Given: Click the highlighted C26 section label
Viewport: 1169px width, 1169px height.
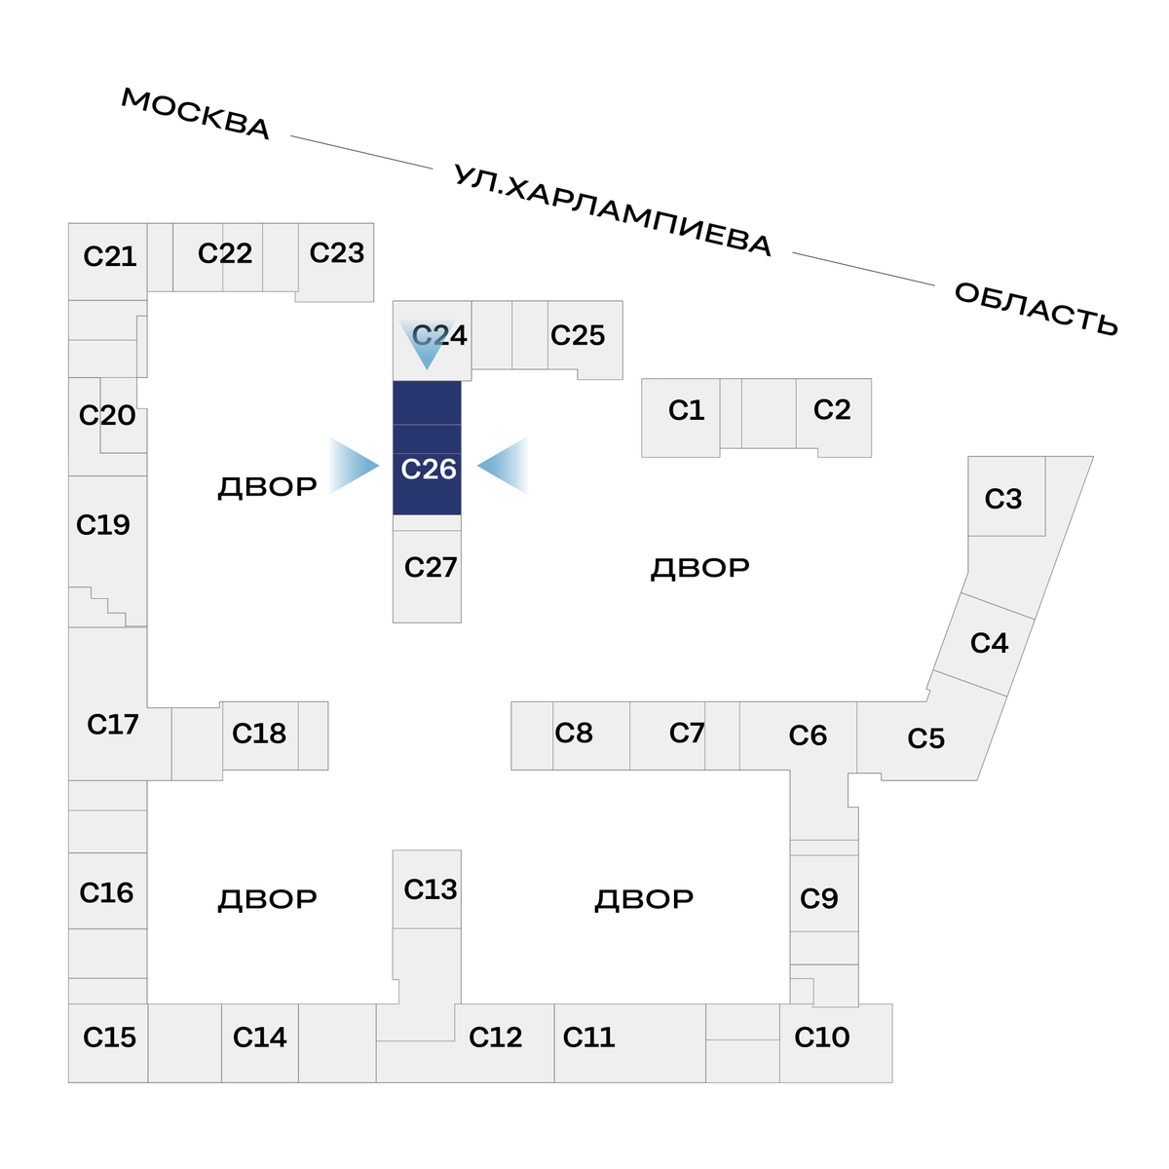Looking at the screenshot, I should (x=429, y=469).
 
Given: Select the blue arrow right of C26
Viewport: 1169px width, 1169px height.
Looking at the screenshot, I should (x=503, y=466).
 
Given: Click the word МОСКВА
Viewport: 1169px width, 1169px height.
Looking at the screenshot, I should (x=196, y=114).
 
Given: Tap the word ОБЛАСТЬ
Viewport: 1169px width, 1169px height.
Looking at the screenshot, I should (x=1036, y=309).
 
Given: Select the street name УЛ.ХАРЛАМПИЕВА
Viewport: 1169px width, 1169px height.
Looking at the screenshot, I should (x=613, y=210).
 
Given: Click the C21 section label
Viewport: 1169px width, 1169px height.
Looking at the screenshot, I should (x=110, y=256).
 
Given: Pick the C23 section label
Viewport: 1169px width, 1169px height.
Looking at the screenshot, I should (x=337, y=252).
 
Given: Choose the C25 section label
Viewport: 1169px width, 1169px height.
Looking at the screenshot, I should (x=578, y=335).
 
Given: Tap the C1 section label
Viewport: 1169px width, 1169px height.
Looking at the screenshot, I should (x=686, y=410).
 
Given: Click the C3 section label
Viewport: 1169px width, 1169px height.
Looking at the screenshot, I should (x=1003, y=499).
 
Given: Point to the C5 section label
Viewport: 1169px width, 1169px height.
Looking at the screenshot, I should (x=926, y=738).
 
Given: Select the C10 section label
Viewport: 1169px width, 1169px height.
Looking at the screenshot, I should (x=822, y=1037).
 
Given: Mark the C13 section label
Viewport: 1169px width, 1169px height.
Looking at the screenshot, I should (x=431, y=889).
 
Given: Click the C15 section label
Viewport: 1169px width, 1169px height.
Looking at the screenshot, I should (x=110, y=1037).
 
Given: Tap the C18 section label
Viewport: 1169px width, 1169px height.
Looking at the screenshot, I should (x=259, y=733).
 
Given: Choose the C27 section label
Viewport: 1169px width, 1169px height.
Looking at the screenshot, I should (x=431, y=567).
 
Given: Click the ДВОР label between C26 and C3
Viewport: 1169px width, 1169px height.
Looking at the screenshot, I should (x=700, y=568).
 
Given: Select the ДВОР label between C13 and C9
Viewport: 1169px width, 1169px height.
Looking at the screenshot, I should (x=644, y=899).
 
